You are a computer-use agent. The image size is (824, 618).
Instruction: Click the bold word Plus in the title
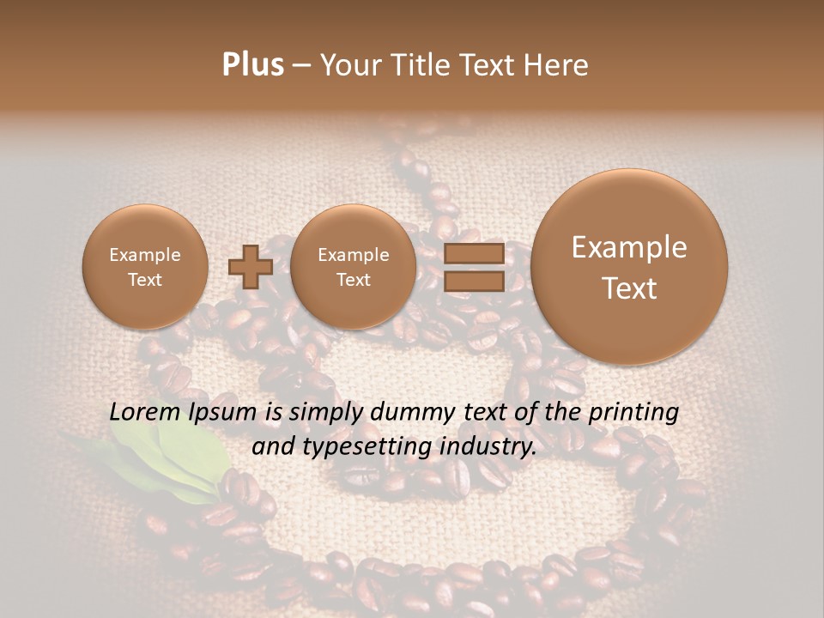click(252, 65)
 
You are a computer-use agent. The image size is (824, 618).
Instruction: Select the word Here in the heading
click(557, 65)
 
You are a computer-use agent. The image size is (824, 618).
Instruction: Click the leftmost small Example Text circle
click(144, 267)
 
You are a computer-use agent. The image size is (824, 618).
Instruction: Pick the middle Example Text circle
click(353, 267)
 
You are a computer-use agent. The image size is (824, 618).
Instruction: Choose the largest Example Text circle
click(629, 267)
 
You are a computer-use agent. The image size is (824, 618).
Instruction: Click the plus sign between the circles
click(251, 267)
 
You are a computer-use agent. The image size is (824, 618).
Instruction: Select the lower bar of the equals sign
click(473, 282)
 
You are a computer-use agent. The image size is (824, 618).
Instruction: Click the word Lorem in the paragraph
click(146, 412)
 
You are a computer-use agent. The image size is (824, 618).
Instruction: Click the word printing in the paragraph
click(635, 413)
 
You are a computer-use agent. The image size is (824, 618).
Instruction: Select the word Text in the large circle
click(629, 288)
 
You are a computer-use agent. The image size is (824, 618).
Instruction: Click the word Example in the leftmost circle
click(144, 255)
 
